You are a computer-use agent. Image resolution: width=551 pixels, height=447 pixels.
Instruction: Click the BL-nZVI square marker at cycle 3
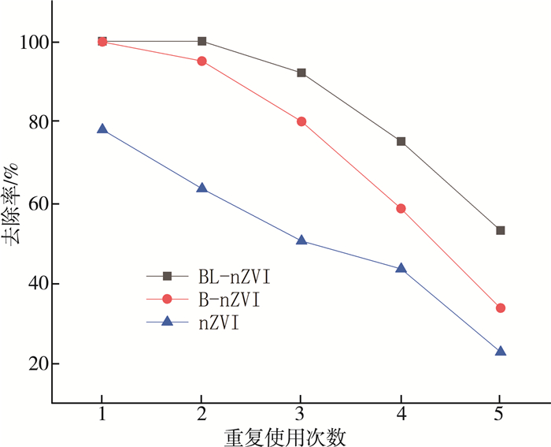(x=301, y=73)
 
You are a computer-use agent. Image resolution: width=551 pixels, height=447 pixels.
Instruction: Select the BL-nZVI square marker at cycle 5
(x=500, y=230)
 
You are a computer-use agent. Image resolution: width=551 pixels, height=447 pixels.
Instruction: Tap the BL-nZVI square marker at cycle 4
(x=401, y=141)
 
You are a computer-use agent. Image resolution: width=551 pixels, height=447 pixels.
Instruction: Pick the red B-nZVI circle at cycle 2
(x=202, y=61)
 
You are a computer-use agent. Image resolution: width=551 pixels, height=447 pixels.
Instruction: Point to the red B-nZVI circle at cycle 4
(x=401, y=208)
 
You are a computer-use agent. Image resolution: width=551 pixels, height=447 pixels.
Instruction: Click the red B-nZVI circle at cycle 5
(x=500, y=307)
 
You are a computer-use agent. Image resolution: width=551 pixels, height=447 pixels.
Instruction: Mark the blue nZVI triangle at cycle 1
(x=102, y=129)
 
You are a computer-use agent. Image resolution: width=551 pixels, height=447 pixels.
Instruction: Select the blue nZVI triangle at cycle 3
(x=301, y=240)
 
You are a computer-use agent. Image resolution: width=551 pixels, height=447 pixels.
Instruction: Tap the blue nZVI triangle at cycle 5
(x=500, y=351)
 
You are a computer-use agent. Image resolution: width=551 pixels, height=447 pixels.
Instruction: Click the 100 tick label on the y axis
(x=28, y=41)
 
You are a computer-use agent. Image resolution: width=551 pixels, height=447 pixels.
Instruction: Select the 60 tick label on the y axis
(x=34, y=203)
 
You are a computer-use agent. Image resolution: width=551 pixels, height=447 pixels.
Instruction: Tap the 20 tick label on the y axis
(x=34, y=364)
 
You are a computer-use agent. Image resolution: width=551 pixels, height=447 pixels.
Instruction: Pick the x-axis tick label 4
(x=401, y=415)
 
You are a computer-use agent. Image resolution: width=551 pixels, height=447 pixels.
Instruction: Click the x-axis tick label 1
(x=102, y=415)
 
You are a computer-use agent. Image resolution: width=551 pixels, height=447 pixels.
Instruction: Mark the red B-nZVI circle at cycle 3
(x=301, y=121)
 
